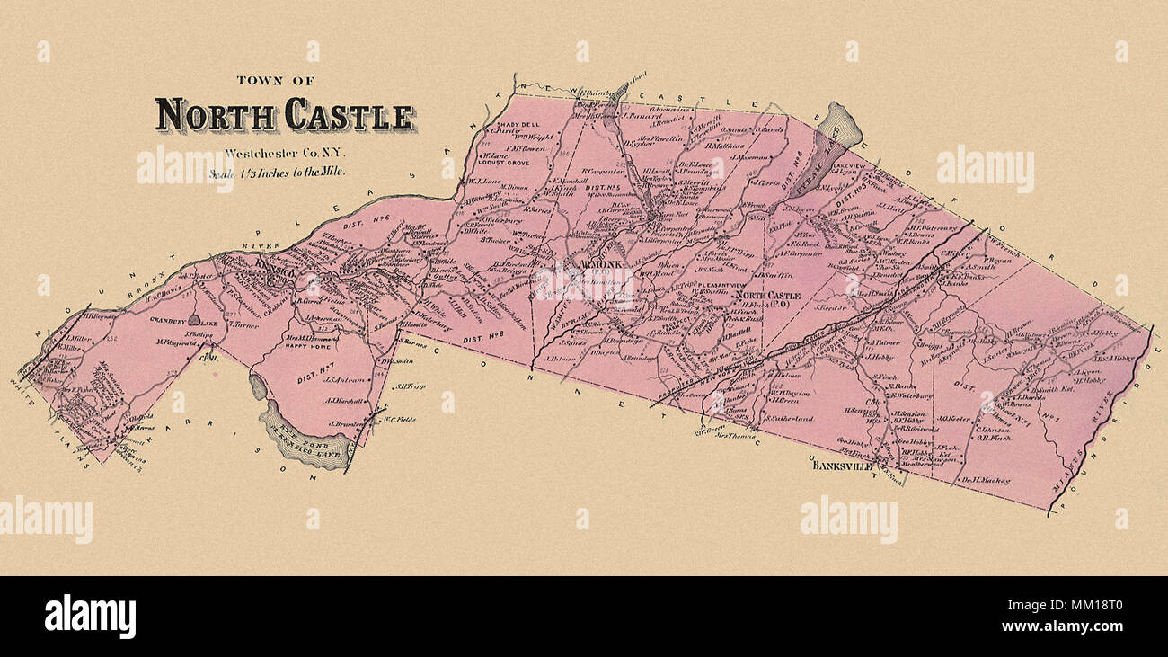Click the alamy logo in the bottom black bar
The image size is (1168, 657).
(x=90, y=617)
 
